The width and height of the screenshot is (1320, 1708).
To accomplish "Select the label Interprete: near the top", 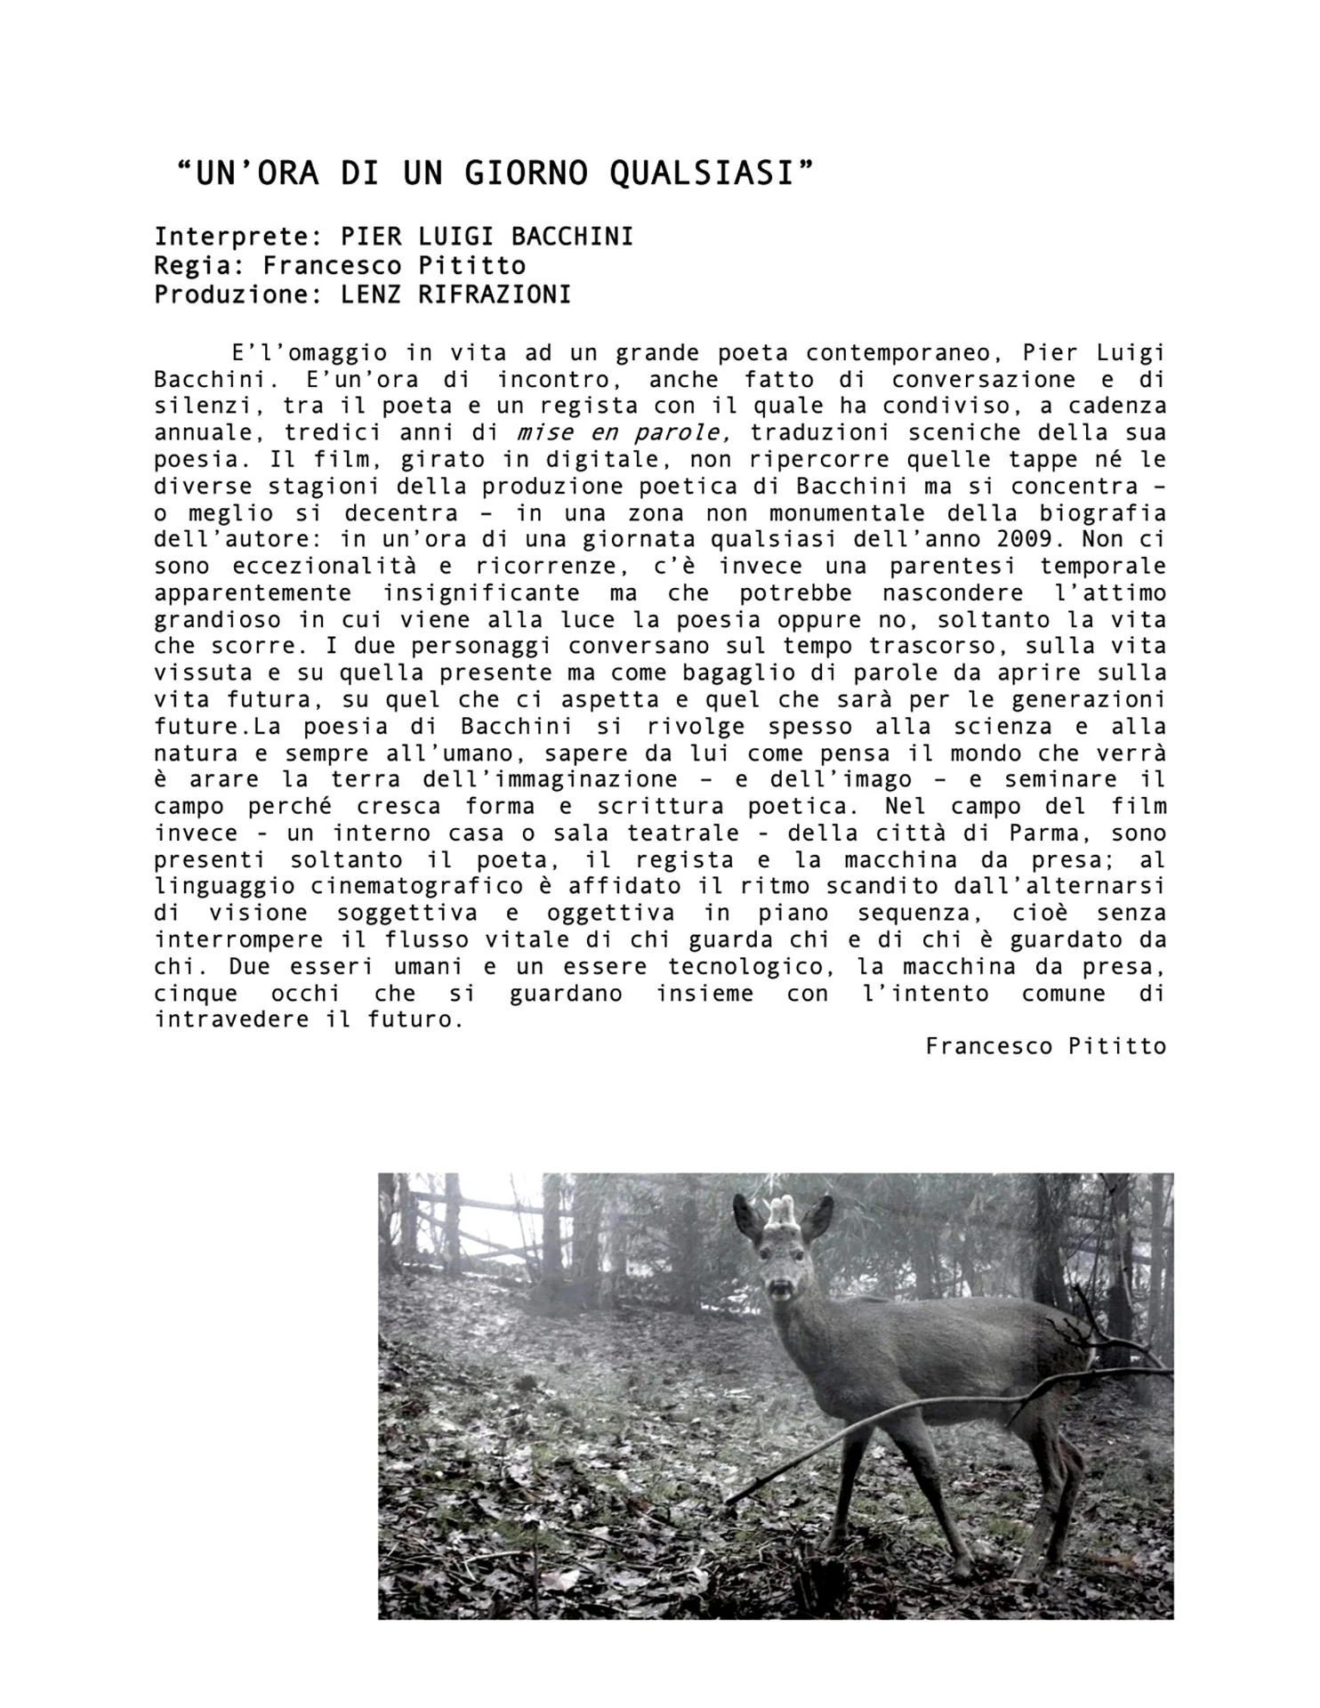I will click(x=237, y=238).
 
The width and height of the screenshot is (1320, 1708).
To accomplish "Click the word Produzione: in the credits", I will click(x=237, y=294).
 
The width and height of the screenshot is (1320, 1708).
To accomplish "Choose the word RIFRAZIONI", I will click(x=495, y=294).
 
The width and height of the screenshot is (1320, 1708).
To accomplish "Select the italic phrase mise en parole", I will click(x=624, y=433).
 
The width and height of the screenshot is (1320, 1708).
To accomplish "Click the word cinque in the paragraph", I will click(x=196, y=994).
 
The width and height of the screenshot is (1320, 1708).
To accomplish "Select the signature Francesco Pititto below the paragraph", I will click(x=1045, y=1046).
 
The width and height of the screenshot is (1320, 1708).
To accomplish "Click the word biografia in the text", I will click(x=1103, y=513).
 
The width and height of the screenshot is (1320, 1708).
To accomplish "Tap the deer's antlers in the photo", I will click(x=782, y=1211).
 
